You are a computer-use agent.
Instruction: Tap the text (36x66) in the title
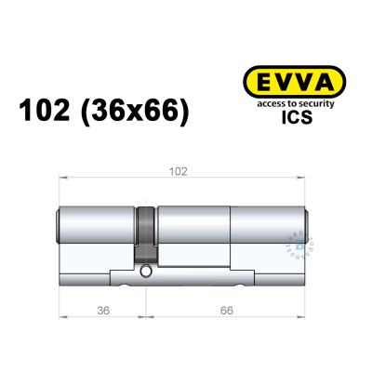coord(141,112)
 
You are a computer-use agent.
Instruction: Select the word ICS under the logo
coord(288,118)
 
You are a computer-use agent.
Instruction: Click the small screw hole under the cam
coord(147,272)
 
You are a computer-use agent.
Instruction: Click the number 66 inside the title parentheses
coord(165,112)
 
